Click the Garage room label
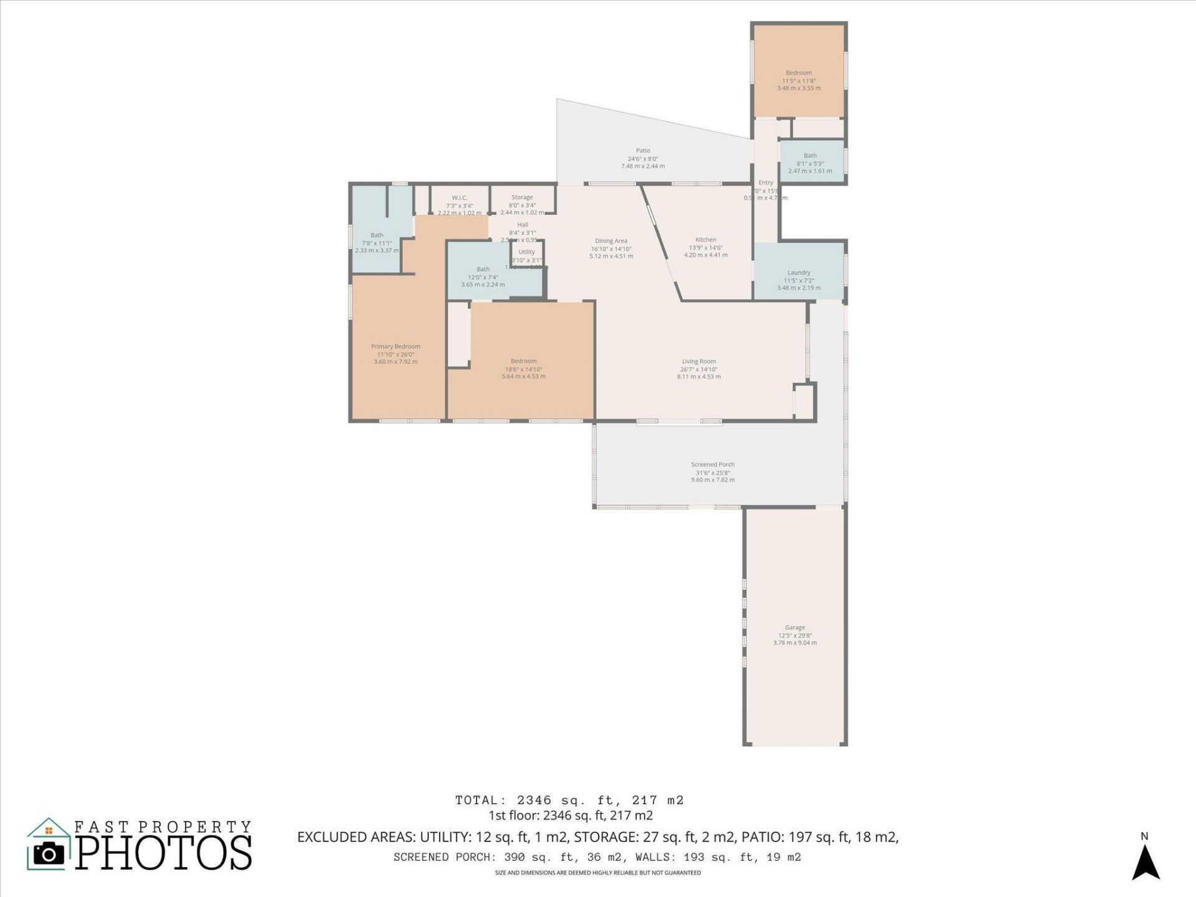pyautogui.click(x=795, y=628)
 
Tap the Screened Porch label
pyautogui.click(x=713, y=465)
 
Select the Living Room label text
pyautogui.click(x=698, y=361)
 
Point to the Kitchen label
pyautogui.click(x=706, y=240)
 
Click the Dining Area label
pyautogui.click(x=611, y=241)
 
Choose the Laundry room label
pyautogui.click(x=799, y=273)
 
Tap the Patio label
pyautogui.click(x=643, y=151)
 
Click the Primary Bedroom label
pyautogui.click(x=396, y=346)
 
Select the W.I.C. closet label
pyautogui.click(x=460, y=198)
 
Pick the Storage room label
pyautogui.click(x=522, y=197)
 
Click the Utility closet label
pyautogui.click(x=526, y=252)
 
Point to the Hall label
pyautogui.click(x=523, y=225)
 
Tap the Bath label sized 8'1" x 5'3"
pyautogui.click(x=810, y=156)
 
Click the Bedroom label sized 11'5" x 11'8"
pyautogui.click(x=799, y=73)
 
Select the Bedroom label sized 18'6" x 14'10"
pyautogui.click(x=523, y=361)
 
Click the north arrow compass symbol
pyautogui.click(x=1145, y=863)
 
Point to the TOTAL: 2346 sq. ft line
pyautogui.click(x=569, y=800)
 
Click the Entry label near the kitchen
pyautogui.click(x=766, y=183)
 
